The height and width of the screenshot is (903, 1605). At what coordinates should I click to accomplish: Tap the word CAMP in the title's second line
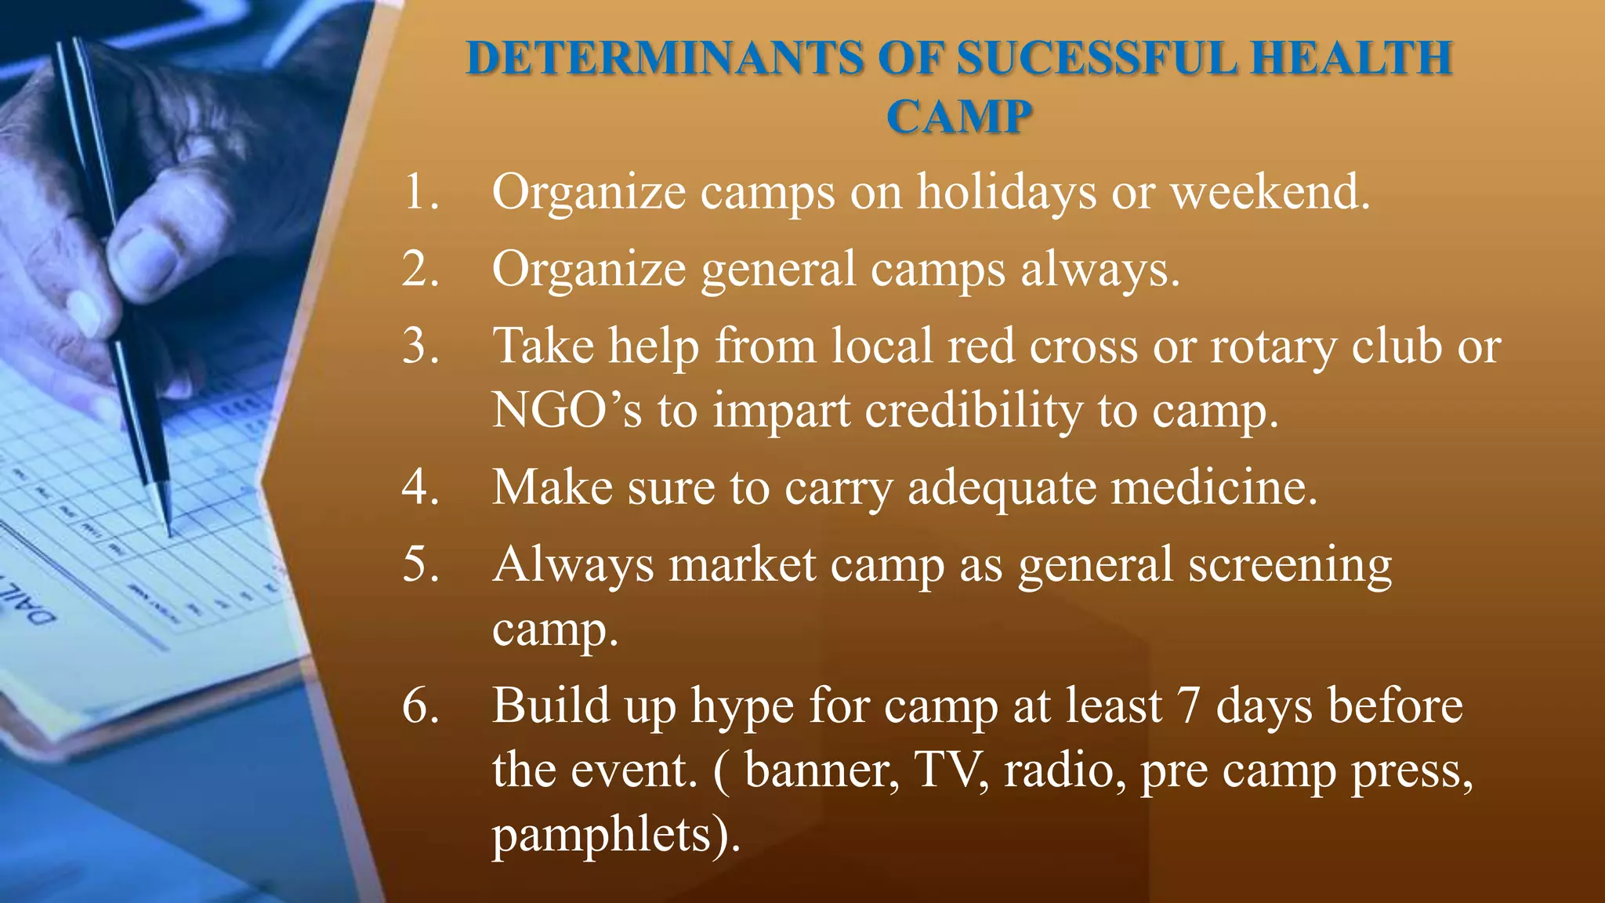pyautogui.click(x=958, y=118)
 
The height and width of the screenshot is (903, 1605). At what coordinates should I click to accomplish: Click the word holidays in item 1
pyautogui.click(x=1006, y=192)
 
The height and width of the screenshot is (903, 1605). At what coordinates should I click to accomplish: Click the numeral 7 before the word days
pyautogui.click(x=1188, y=705)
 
